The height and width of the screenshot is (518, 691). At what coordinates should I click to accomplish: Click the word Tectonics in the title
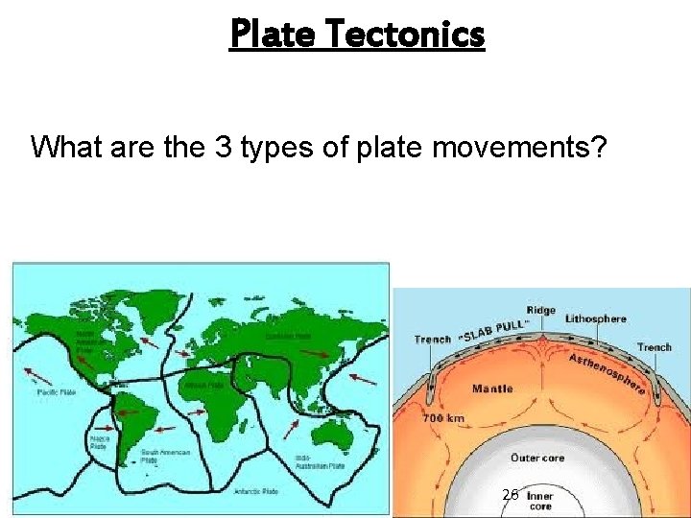[407, 35]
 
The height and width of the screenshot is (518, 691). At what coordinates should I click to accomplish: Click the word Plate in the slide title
[274, 35]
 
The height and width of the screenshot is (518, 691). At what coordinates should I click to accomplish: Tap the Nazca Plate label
[98, 443]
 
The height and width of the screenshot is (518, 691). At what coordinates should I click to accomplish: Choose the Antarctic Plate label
[256, 490]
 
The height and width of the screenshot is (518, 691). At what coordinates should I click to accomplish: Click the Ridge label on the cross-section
[540, 310]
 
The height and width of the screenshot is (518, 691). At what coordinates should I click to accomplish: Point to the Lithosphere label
[595, 318]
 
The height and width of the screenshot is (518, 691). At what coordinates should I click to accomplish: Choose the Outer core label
[537, 458]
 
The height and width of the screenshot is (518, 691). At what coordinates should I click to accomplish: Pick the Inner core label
[539, 501]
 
